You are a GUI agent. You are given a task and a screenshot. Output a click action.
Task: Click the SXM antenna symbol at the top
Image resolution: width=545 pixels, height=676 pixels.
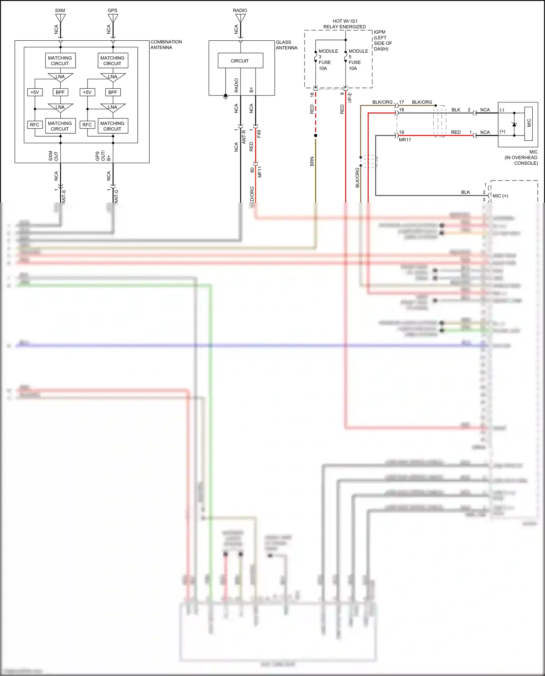coord(60,19)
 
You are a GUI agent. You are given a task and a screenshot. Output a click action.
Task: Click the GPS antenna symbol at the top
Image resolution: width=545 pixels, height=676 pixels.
coord(113,19)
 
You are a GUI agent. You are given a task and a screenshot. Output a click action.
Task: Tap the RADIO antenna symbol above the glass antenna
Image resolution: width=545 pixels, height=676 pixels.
coord(240,19)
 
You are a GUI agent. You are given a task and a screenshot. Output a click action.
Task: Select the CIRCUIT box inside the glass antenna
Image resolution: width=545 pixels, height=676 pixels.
coord(240,61)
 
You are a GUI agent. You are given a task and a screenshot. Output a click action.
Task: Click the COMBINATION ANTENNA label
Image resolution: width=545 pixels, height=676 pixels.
coord(166,45)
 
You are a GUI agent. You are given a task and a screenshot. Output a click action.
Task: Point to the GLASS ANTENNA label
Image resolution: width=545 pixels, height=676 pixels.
coord(286,45)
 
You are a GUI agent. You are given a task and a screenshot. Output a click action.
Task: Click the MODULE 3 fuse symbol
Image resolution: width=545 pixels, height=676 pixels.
coord(315,57)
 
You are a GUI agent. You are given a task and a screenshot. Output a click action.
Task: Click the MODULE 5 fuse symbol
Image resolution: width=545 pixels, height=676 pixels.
coord(346,57)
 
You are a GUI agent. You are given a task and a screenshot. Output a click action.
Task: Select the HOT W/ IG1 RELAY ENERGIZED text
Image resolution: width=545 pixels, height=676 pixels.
coord(344,24)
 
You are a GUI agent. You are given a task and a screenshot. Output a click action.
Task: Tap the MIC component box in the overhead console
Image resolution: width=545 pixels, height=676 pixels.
coord(528,124)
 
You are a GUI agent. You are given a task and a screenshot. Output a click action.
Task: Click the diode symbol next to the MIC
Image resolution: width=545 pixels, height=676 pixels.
coord(514,125)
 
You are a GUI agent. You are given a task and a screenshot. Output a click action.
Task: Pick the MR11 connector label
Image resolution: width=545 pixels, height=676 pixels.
coord(405,140)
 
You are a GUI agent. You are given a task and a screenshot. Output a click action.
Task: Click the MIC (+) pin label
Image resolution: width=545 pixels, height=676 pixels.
coord(500,196)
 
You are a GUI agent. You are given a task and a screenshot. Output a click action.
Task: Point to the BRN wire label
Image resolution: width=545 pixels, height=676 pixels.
coord(312,162)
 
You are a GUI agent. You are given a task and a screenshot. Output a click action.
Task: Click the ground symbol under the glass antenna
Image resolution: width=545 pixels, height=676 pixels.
coord(226,97)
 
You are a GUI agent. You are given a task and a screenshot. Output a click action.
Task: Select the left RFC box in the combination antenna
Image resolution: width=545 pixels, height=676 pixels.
coord(35,125)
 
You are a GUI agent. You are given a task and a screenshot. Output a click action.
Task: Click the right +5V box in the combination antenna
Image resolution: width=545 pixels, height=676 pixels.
coord(87,92)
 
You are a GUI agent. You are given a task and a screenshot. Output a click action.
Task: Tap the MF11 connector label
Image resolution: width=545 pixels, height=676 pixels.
coord(260,172)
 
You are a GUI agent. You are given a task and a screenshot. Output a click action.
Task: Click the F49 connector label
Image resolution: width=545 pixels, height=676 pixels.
coord(259,134)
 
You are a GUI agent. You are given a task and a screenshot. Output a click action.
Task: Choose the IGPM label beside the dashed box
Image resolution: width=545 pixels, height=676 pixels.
coord(380,32)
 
